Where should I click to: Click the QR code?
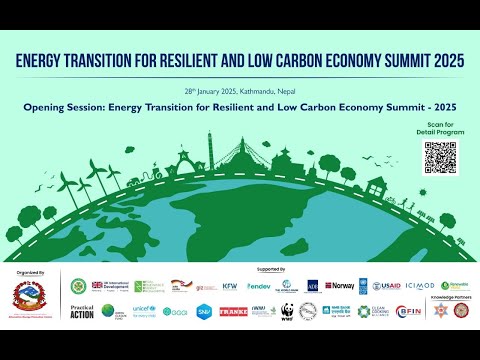point(440,157)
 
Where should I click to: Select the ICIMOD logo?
point(421,286)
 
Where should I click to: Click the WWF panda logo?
point(286,311)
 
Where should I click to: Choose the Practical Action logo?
point(83,311)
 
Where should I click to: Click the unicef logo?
point(143,311)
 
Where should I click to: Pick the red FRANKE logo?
point(232,311)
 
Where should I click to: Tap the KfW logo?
point(229,286)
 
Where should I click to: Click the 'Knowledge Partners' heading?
point(451,298)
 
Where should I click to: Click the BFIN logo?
point(407,311)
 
